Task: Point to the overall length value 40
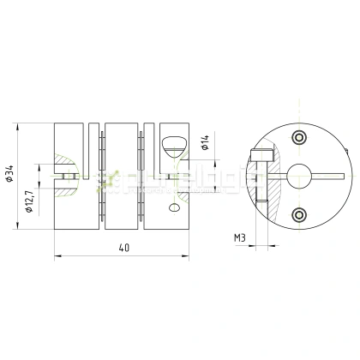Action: [x=125, y=248]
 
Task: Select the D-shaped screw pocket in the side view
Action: [x=172, y=141]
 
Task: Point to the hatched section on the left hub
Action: [x=63, y=165]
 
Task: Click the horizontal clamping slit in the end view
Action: [x=330, y=177]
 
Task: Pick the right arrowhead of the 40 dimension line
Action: [x=194, y=255]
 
